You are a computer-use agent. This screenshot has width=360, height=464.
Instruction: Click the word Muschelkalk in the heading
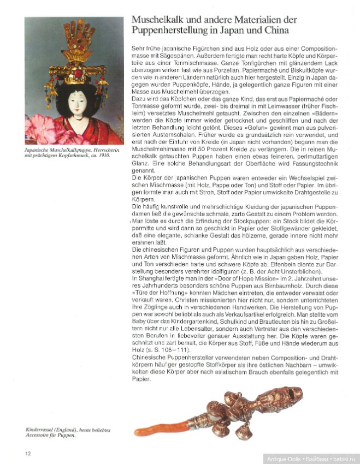pyautogui.click(x=158, y=20)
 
